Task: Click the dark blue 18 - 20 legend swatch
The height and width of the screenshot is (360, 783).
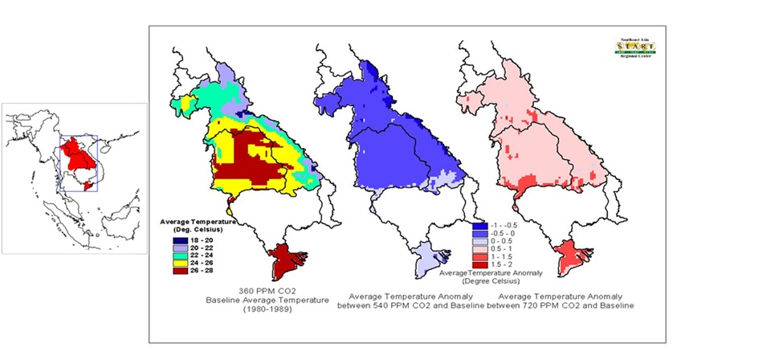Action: (x=179, y=240)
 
